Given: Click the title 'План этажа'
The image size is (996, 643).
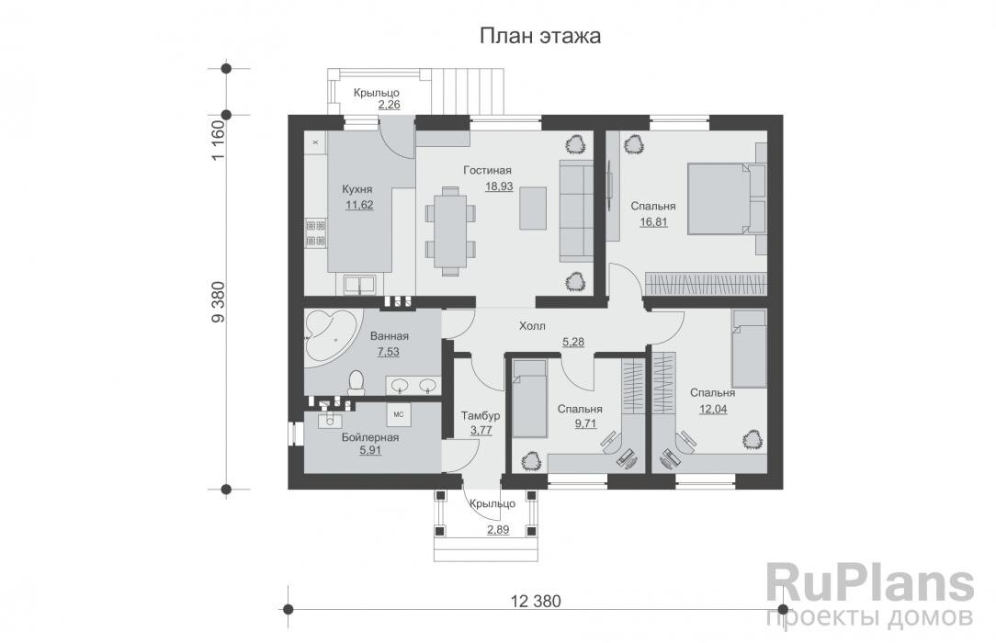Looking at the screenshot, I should [539, 37].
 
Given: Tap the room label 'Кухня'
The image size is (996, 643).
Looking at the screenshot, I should [357, 189].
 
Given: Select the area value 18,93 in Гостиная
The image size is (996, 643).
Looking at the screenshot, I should [499, 186].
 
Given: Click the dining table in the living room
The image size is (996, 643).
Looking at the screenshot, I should [450, 230].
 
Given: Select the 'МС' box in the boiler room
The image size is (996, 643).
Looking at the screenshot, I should [399, 414].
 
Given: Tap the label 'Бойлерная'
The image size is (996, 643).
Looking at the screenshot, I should [369, 437].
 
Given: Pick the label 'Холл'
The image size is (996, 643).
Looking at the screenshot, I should [532, 326].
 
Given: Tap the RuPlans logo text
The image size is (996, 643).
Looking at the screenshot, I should [869, 585].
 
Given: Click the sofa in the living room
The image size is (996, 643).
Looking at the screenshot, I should [577, 210].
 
